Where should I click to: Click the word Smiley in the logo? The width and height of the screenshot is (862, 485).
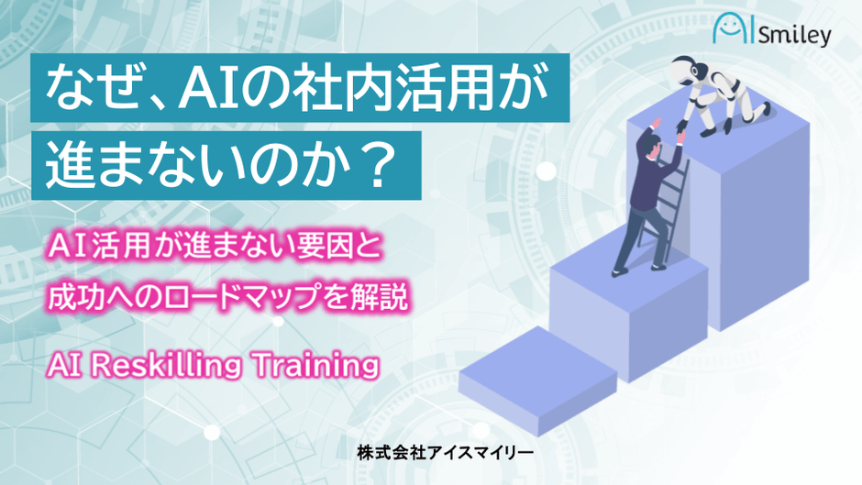coord(795,36)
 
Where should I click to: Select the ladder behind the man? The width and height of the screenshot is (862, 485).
coord(667,209)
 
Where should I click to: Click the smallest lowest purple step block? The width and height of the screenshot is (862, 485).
coord(537,379)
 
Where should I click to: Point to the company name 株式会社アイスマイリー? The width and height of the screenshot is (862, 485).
coord(446,453)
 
